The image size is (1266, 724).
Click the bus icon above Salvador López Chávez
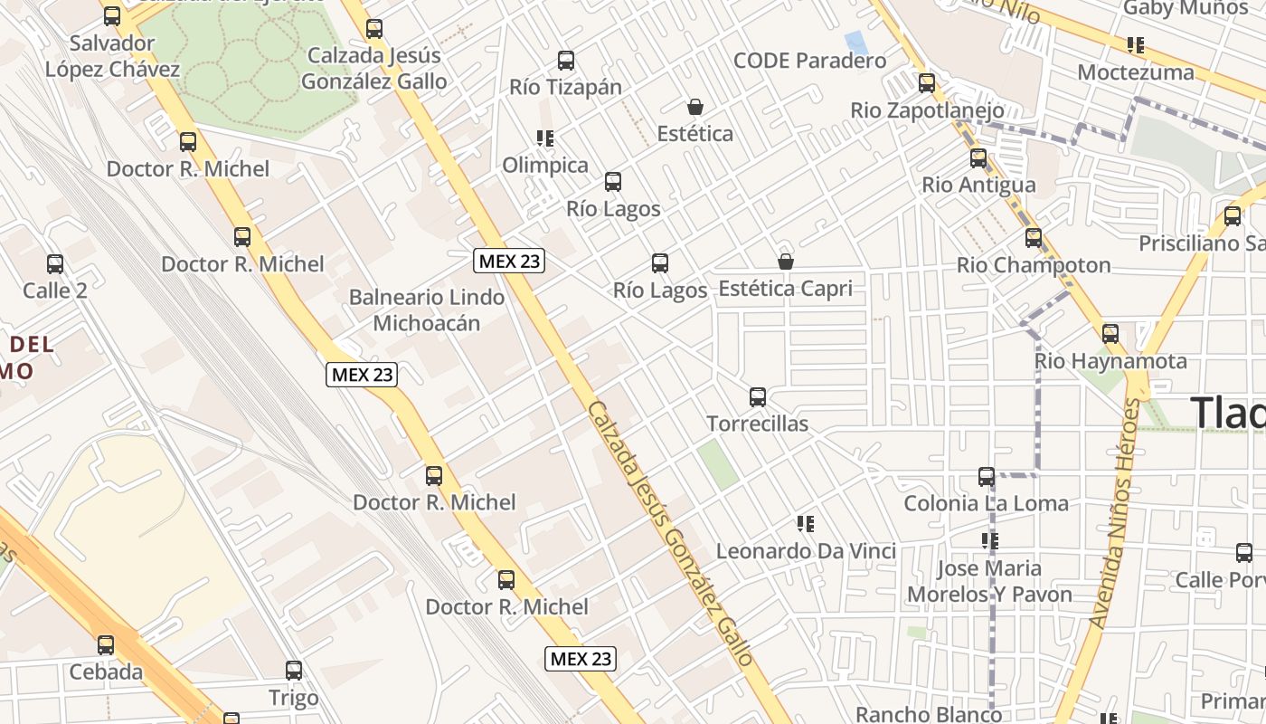112,16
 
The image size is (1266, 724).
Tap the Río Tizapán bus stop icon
566,62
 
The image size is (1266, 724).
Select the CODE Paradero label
809,61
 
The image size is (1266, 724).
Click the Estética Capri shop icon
786,262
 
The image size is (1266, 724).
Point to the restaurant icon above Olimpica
544,138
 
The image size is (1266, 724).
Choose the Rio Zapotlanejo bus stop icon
927,84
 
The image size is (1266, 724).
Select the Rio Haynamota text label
1110,361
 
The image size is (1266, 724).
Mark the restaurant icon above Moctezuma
1136,45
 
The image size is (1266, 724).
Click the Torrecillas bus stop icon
758,397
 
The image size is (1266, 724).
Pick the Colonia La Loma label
986,503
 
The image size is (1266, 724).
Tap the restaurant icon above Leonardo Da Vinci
806,524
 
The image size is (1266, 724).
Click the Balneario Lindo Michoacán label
427,310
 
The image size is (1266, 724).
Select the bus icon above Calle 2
55,264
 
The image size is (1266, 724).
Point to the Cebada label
106,672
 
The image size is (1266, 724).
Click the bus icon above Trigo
294,671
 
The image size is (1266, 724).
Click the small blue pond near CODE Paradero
854,42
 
